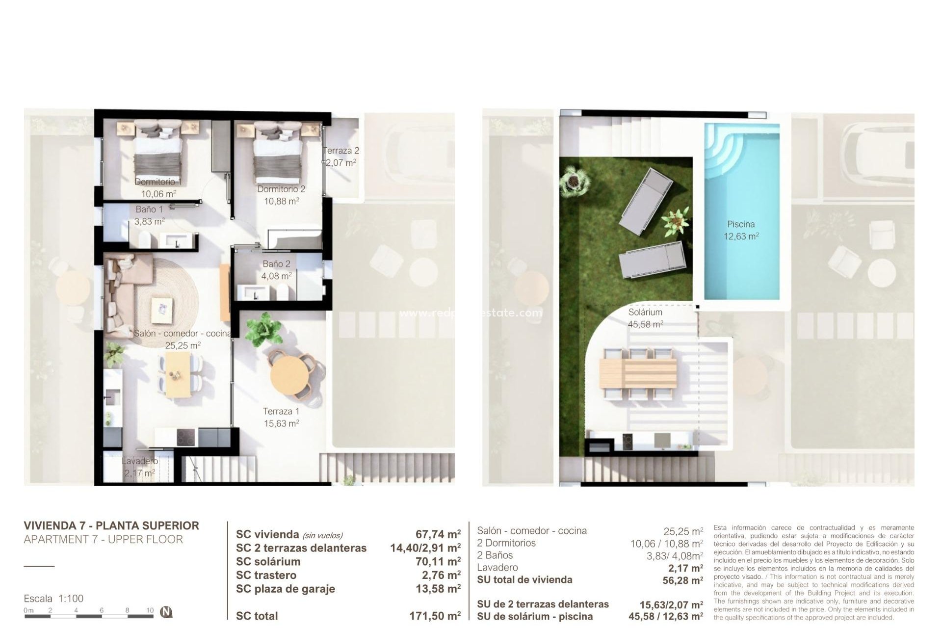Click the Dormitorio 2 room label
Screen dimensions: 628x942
[x=281, y=189]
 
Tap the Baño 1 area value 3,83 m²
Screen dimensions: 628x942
[x=149, y=221]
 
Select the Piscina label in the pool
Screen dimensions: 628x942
[x=741, y=224]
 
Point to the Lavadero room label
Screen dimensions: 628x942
[x=140, y=461]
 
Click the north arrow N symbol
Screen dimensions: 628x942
[x=167, y=612]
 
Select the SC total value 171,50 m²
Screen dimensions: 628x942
[x=435, y=616]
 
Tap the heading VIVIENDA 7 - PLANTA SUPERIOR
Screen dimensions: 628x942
[x=111, y=525]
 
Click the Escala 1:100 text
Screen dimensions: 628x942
[x=53, y=599]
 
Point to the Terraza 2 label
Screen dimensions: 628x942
[x=341, y=151]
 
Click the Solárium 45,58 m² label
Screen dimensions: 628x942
[x=645, y=318]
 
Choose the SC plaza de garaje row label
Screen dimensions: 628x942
[x=285, y=589]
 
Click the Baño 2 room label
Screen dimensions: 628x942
[x=276, y=264]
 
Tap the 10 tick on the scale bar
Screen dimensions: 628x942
[x=150, y=610]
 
